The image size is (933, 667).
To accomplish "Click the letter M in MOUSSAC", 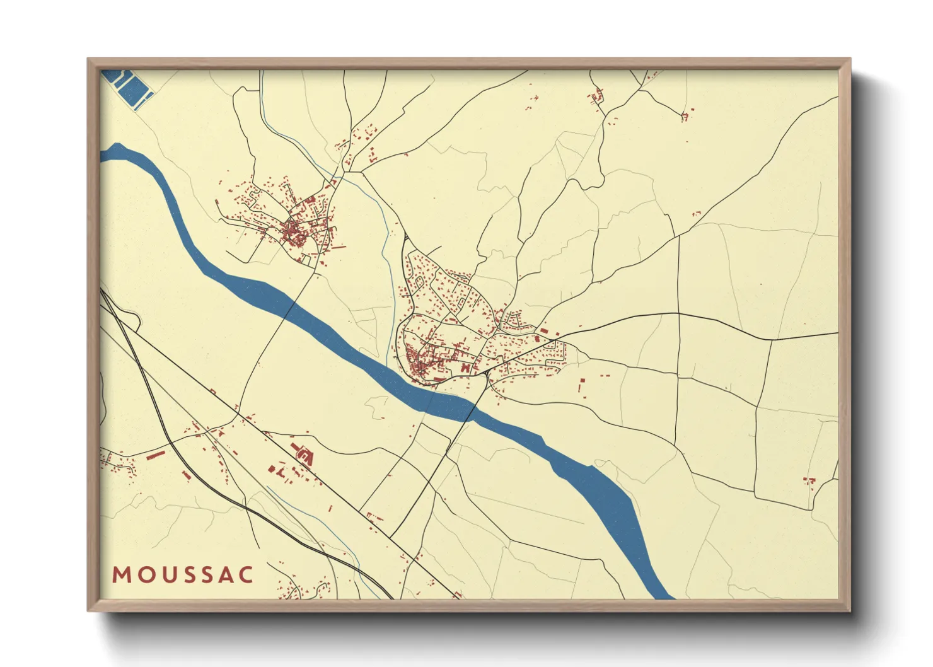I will (x=121, y=575).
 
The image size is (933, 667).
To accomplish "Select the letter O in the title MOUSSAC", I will (x=142, y=575).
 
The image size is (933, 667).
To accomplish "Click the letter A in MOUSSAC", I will (x=224, y=575).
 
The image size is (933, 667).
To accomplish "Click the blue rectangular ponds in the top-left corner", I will (x=129, y=89).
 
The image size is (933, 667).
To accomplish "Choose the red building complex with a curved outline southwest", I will (x=303, y=453).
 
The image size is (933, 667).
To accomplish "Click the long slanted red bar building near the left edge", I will (x=155, y=454).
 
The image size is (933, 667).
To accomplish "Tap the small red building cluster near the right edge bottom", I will (x=809, y=482).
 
